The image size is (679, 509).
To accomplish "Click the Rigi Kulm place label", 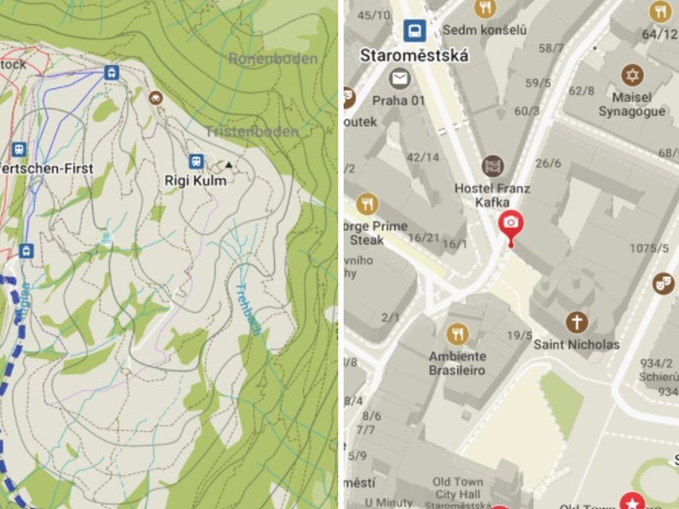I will [x=196, y=181].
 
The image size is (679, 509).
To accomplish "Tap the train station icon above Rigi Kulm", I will [x=196, y=161].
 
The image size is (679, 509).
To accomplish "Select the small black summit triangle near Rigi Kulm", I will [x=229, y=165].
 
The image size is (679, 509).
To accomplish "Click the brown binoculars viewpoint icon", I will [x=155, y=97].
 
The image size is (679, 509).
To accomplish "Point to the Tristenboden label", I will [x=252, y=132].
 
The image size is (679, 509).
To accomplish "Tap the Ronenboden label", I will [x=273, y=59].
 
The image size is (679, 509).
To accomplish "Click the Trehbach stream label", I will [x=249, y=308].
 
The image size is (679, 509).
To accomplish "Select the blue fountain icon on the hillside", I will [x=107, y=238].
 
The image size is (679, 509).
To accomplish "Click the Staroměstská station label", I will [x=414, y=56].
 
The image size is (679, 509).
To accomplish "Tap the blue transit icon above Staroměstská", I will [x=414, y=30].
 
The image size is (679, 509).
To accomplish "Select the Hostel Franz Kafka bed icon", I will [x=492, y=166].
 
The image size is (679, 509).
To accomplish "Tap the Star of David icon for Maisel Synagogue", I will [x=632, y=75].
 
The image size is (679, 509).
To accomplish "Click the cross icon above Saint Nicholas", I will [x=577, y=322].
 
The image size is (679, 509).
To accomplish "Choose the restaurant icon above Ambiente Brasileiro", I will [x=457, y=334].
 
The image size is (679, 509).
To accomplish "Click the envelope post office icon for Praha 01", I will [x=399, y=78].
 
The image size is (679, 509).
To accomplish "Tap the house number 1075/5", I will [x=649, y=249].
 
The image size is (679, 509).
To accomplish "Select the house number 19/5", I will [x=520, y=335].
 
